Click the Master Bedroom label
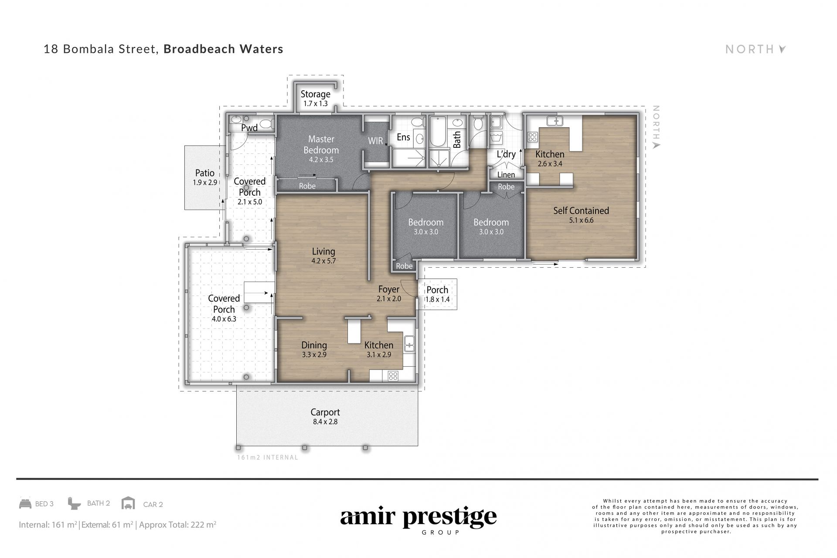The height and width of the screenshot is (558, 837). tap(321, 144)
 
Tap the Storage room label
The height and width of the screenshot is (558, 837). tap(316, 94)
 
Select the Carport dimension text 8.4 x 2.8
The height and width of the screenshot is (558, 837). tap(325, 422)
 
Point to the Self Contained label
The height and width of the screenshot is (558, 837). tap(581, 211)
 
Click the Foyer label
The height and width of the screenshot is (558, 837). tap(389, 289)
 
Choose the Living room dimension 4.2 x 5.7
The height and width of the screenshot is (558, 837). tap(323, 261)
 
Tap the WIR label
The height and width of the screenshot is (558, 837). tap(375, 140)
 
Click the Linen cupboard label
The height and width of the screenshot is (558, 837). tap(506, 175)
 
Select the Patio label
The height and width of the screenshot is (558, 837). tap(205, 173)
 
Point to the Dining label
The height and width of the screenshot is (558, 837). tap(314, 345)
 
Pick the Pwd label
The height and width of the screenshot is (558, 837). tap(249, 128)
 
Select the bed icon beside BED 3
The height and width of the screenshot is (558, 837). tap(25, 504)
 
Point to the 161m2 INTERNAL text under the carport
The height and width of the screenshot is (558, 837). tap(268, 457)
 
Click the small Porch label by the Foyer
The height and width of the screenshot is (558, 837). tap(437, 290)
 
